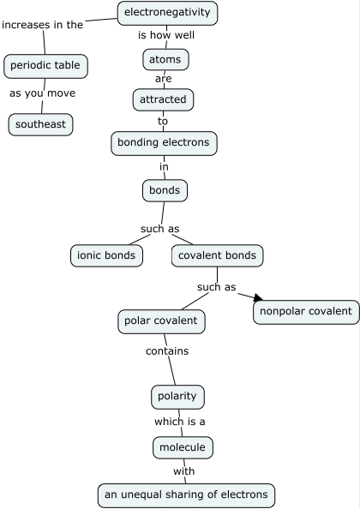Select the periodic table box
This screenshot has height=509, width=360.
click(46, 66)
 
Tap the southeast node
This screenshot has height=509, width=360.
click(40, 124)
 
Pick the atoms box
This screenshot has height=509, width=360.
click(165, 60)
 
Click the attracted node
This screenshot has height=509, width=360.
click(164, 99)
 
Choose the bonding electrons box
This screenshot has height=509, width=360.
click(165, 143)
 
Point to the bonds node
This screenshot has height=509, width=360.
click(165, 189)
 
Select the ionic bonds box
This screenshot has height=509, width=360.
click(106, 255)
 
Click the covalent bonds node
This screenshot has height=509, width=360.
click(218, 255)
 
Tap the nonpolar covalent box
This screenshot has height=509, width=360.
click(305, 312)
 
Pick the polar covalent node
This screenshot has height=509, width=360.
click(161, 321)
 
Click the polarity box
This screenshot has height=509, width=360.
click(178, 397)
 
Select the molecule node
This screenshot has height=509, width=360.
click(182, 447)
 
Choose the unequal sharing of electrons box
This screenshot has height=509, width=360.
click(186, 494)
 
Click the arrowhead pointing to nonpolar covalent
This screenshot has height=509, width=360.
click(256, 297)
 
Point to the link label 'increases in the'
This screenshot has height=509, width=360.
click(43, 25)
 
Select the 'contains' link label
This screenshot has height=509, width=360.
click(166, 350)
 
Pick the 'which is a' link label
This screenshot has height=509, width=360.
click(179, 422)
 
